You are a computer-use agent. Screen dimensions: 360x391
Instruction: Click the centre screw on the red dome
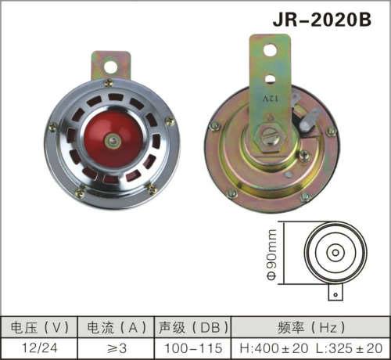pos(114,142)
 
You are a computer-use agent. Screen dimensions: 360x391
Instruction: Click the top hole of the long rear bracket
pos(270,49)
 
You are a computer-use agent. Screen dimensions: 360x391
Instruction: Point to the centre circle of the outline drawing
pos(335,253)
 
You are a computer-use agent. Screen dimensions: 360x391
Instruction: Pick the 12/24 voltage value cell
pos(39,346)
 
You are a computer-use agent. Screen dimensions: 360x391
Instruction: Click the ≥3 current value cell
pos(117,346)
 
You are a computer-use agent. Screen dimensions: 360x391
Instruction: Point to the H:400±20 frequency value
pos(271,346)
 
